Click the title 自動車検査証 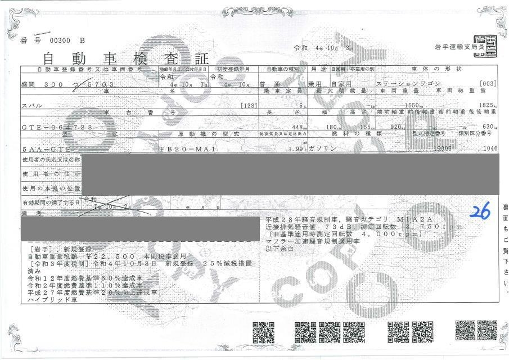pyautogui.click(x=125, y=58)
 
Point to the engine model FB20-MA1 pyautogui.click(x=183, y=150)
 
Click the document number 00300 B pyautogui.click(x=67, y=40)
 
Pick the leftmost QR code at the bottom pyautogui.click(x=263, y=332)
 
